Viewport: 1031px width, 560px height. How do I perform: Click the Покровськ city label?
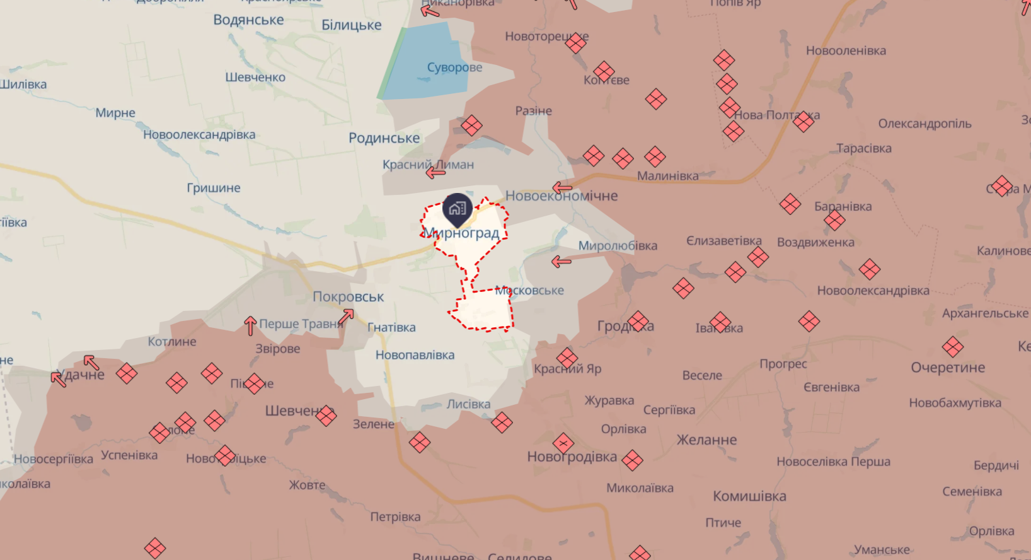pos(348,296)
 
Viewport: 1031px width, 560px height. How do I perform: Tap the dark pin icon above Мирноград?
pos(458,209)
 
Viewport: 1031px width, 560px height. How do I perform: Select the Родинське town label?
pos(384,138)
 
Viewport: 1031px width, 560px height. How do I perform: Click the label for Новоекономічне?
pos(562,196)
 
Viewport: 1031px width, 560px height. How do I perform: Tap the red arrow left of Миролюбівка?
pos(561,261)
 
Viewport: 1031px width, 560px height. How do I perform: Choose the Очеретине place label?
pos(947,368)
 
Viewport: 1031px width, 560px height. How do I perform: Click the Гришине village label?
pos(213,188)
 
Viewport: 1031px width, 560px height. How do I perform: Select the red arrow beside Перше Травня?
pos(250,325)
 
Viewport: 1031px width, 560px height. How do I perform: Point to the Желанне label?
pos(706,440)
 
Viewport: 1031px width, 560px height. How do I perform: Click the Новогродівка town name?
pos(572,457)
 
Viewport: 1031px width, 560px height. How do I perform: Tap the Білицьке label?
pos(351,25)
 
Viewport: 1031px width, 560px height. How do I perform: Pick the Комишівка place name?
pos(749,496)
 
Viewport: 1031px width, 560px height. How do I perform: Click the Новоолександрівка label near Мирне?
pos(199,135)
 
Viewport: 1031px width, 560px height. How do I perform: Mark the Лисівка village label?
pos(468,404)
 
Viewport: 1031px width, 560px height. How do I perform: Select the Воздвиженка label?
pos(815,242)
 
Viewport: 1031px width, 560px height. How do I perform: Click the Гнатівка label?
pos(391,327)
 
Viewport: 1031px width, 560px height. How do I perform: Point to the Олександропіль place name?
pos(924,124)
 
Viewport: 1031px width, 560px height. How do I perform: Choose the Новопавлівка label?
pos(415,355)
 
